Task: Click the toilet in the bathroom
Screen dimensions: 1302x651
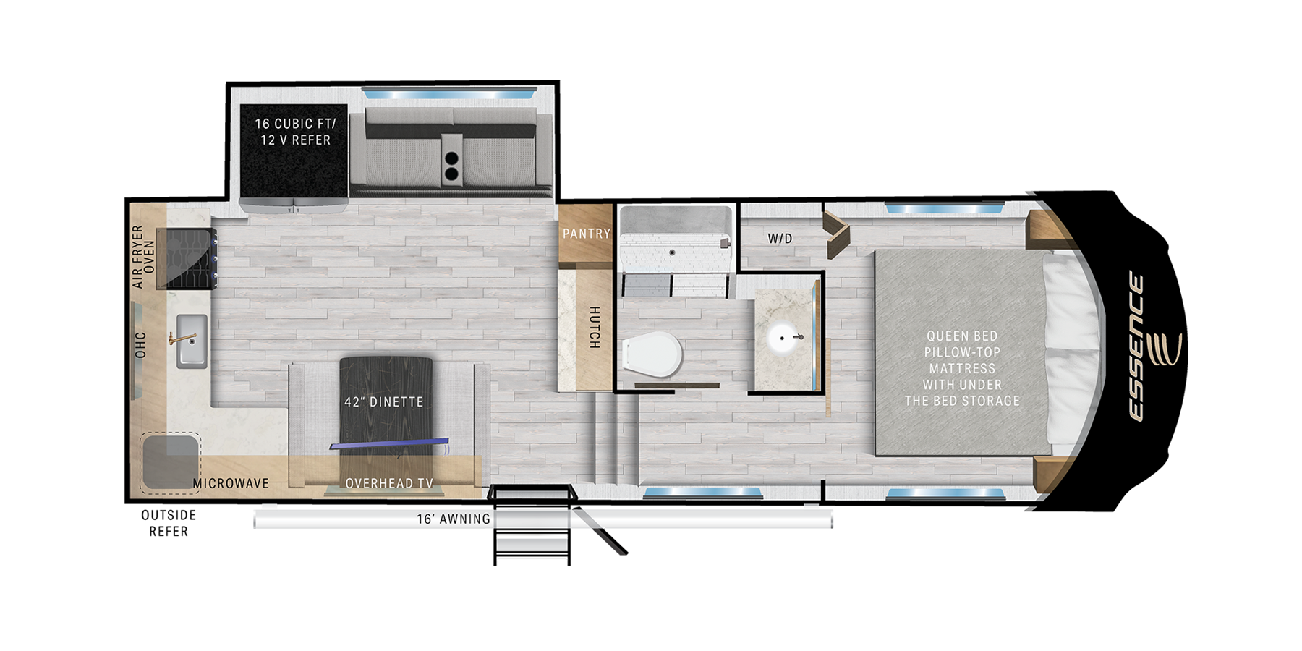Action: pos(652,354)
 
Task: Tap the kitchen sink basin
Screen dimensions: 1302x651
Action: pos(192,341)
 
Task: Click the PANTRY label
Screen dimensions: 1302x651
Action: pos(587,234)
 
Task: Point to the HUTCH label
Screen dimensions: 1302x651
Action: pos(594,328)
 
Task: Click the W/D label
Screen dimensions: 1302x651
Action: pos(780,238)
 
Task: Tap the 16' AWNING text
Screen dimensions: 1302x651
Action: pos(454,519)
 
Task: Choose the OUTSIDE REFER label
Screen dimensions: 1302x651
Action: pos(169,523)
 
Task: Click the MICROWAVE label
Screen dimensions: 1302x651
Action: pos(231,483)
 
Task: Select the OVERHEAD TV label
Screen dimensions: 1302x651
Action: pos(389,483)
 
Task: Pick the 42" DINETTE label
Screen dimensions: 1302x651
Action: pos(384,401)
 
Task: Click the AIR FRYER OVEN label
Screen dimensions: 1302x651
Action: pos(143,257)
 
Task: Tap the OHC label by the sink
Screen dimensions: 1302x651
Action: pos(140,345)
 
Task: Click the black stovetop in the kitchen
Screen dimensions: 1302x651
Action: pos(191,258)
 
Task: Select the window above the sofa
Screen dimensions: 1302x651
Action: pos(448,95)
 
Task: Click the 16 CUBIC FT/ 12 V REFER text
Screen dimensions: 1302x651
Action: pos(295,132)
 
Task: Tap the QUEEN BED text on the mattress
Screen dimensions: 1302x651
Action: pos(962,336)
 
